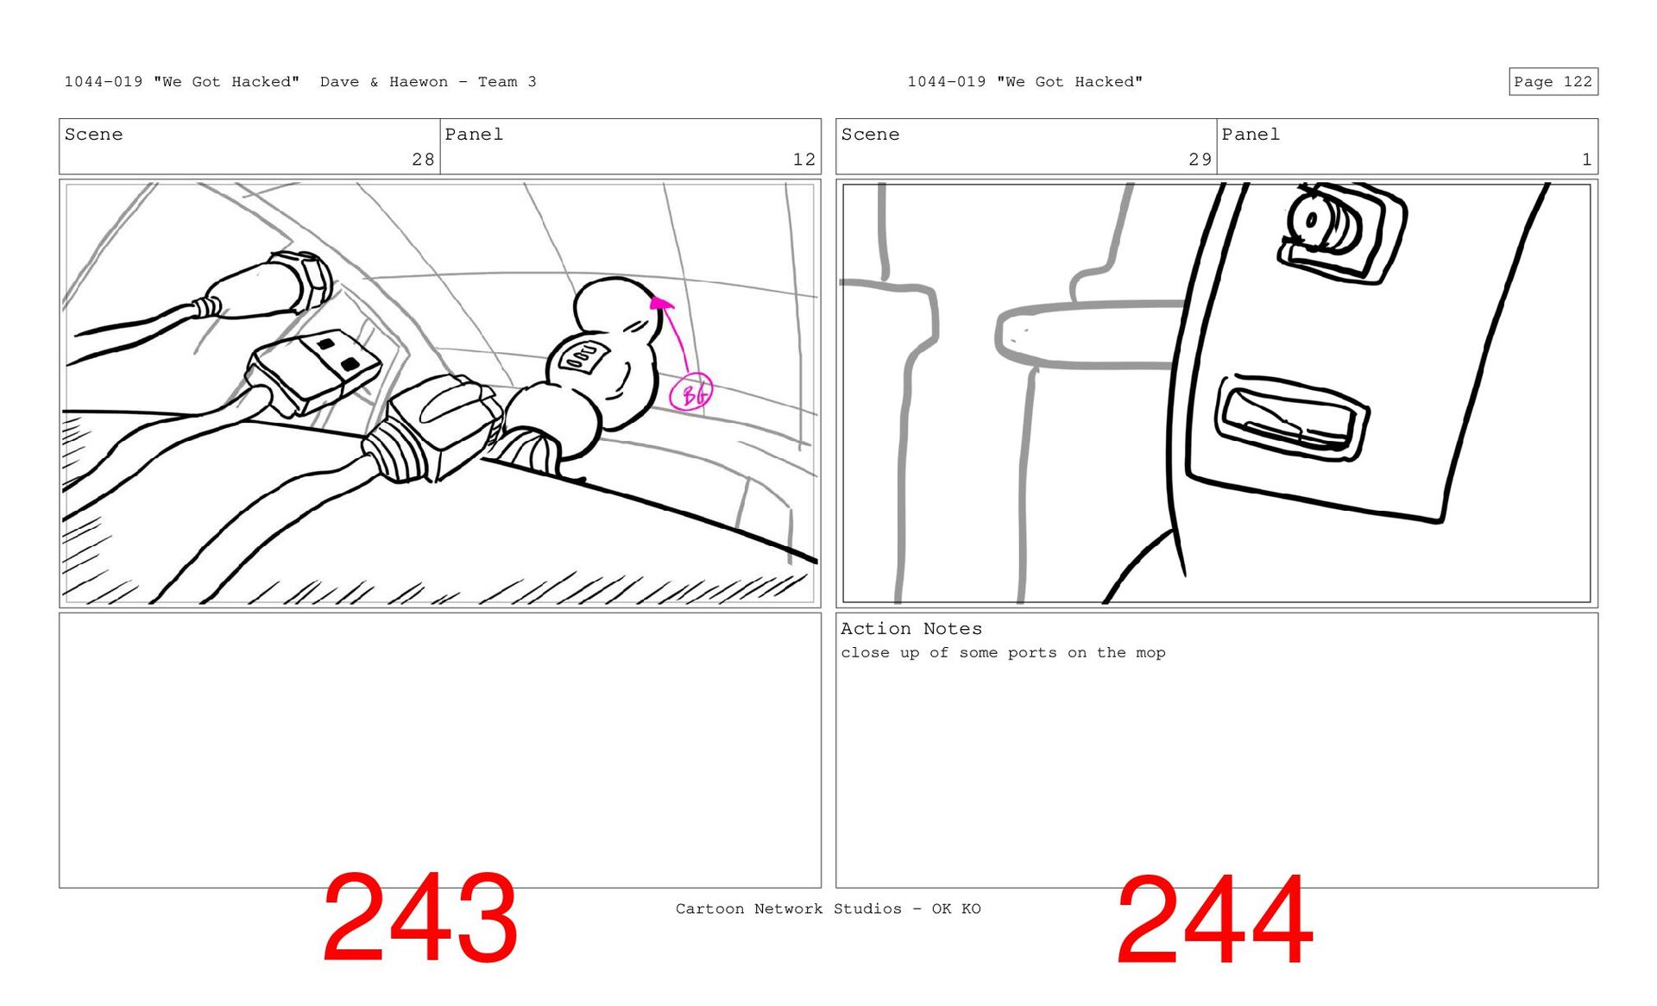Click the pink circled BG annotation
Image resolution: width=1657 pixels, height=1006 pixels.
(x=691, y=393)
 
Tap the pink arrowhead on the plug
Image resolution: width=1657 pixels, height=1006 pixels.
(x=660, y=302)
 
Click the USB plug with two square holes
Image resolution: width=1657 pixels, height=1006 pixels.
(x=314, y=372)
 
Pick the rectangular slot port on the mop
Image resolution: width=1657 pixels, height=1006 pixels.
(x=1291, y=418)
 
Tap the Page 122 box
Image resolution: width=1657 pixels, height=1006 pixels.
(x=1553, y=82)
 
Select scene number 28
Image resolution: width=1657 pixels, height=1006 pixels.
(x=423, y=160)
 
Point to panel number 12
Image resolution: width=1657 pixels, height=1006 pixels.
(x=804, y=160)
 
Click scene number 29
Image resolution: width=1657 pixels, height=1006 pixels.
(x=1200, y=160)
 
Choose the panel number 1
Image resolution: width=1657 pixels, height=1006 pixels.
(x=1586, y=160)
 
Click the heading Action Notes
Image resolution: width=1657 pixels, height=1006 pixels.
(x=911, y=629)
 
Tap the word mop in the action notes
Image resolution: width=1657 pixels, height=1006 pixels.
(x=1150, y=653)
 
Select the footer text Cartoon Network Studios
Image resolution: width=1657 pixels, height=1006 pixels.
(x=788, y=909)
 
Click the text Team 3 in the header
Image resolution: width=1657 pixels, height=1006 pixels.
(x=507, y=82)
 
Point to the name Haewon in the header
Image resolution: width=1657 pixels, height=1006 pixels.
(x=419, y=82)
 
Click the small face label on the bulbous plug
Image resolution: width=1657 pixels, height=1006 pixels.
(x=584, y=355)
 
